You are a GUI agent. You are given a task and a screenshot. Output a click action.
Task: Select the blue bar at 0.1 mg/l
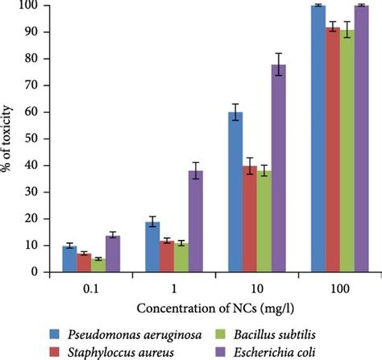[x=69, y=259]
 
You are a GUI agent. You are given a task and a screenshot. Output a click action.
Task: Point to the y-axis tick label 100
[x=27, y=6]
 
